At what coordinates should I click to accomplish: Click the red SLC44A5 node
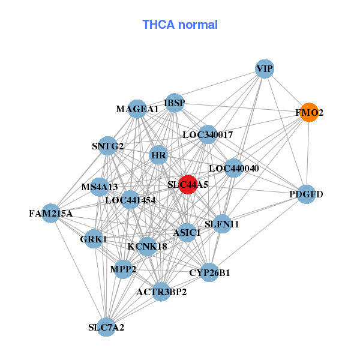pyautogui.click(x=188, y=185)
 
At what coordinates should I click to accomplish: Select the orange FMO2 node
pyautogui.click(x=309, y=112)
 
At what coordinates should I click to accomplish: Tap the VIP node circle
pyautogui.click(x=265, y=69)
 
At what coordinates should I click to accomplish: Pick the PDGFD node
pyautogui.click(x=306, y=194)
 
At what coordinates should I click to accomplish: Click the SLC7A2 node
pyautogui.click(x=106, y=327)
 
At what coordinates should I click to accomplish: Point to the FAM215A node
pyautogui.click(x=50, y=213)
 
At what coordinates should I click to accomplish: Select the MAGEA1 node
pyautogui.click(x=137, y=109)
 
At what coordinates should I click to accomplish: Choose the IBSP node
pyautogui.click(x=175, y=103)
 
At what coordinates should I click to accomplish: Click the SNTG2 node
pyautogui.click(x=108, y=146)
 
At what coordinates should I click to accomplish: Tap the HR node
pyautogui.click(x=158, y=155)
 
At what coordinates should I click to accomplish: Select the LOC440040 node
pyautogui.click(x=233, y=168)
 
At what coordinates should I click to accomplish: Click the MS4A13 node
pyautogui.click(x=100, y=187)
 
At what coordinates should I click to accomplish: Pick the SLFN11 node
pyautogui.click(x=222, y=224)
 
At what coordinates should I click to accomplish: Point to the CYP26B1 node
pyautogui.click(x=209, y=272)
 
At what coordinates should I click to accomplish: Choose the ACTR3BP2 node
pyautogui.click(x=161, y=292)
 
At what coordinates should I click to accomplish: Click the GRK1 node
pyautogui.click(x=94, y=239)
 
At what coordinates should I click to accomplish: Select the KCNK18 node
pyautogui.click(x=147, y=245)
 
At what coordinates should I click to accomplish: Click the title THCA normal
pyautogui.click(x=180, y=25)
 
